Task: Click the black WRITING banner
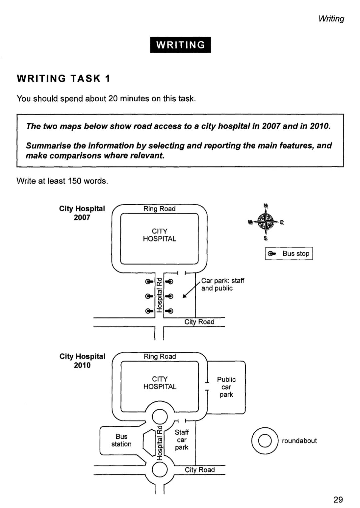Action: (x=180, y=45)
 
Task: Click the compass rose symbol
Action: (x=266, y=221)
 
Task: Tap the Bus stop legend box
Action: (x=289, y=254)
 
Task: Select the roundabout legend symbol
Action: (x=265, y=440)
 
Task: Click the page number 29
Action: (x=338, y=499)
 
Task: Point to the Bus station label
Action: (x=121, y=440)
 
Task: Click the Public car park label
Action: (x=226, y=387)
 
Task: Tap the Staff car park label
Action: (x=182, y=440)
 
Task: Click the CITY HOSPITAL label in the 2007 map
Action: (x=159, y=235)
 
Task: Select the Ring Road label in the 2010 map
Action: (x=160, y=356)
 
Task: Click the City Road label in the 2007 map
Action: (x=199, y=322)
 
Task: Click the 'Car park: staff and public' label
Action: (x=222, y=284)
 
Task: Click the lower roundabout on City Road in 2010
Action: (x=160, y=470)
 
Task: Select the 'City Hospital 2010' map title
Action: (x=82, y=361)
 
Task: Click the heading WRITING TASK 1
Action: (x=63, y=79)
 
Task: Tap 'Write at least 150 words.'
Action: (x=62, y=181)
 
